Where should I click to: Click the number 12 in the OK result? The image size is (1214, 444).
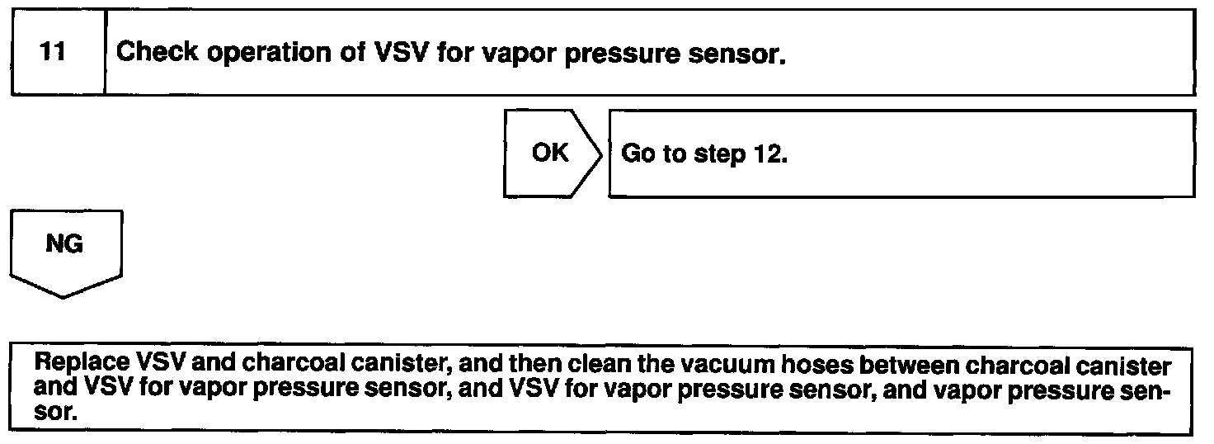pos(766,154)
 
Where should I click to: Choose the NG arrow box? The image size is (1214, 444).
pos(64,247)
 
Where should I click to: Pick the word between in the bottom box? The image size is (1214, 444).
pos(859,364)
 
